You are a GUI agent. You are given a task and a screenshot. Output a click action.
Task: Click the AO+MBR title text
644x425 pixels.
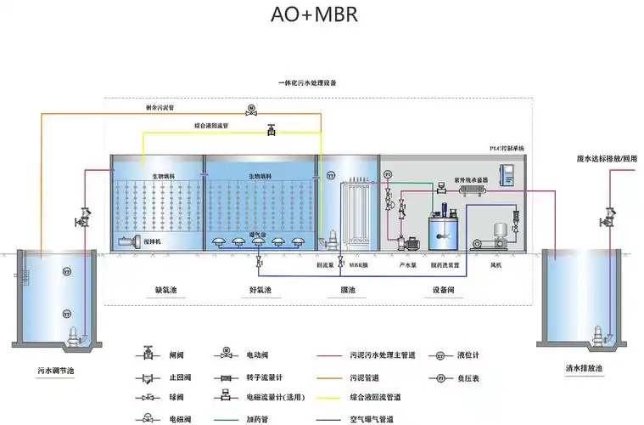pos(314,15)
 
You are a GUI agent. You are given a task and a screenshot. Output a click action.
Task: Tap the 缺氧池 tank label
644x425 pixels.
pos(166,290)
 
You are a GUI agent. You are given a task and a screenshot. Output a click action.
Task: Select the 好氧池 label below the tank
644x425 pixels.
pos(260,290)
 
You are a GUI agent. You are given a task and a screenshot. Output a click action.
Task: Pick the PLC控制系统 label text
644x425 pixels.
pos(507,148)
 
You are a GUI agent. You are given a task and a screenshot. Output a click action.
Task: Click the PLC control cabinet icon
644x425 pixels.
pos(509,173)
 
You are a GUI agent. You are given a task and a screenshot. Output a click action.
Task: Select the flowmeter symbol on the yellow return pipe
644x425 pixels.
pos(271,130)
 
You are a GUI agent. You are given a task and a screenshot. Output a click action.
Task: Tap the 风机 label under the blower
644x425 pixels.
pos(496,265)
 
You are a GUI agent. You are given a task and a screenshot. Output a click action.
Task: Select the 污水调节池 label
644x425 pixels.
pos(56,371)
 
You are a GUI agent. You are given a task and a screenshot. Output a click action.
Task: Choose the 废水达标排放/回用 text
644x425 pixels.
pos(606,158)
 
